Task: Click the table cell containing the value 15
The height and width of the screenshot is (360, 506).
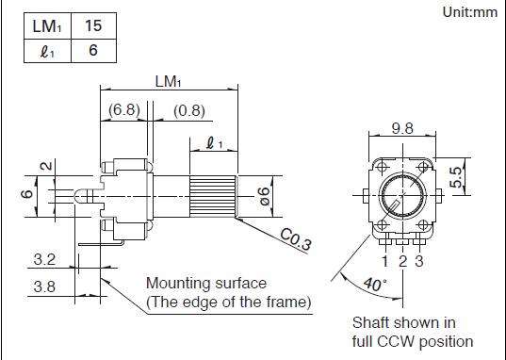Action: (x=93, y=26)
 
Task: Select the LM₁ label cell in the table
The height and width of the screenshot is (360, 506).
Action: (x=47, y=26)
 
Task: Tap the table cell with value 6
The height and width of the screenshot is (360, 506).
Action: (x=93, y=51)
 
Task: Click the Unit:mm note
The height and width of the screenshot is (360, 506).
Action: (x=470, y=12)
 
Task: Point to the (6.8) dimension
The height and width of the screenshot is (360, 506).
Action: (x=124, y=109)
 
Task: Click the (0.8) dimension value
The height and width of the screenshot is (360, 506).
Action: (x=189, y=111)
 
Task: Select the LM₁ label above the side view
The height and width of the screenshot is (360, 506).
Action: (x=168, y=81)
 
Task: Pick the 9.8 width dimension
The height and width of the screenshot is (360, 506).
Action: (x=402, y=128)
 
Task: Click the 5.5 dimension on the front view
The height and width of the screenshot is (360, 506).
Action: (x=457, y=177)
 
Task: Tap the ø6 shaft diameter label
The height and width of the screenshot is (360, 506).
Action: (x=264, y=196)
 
